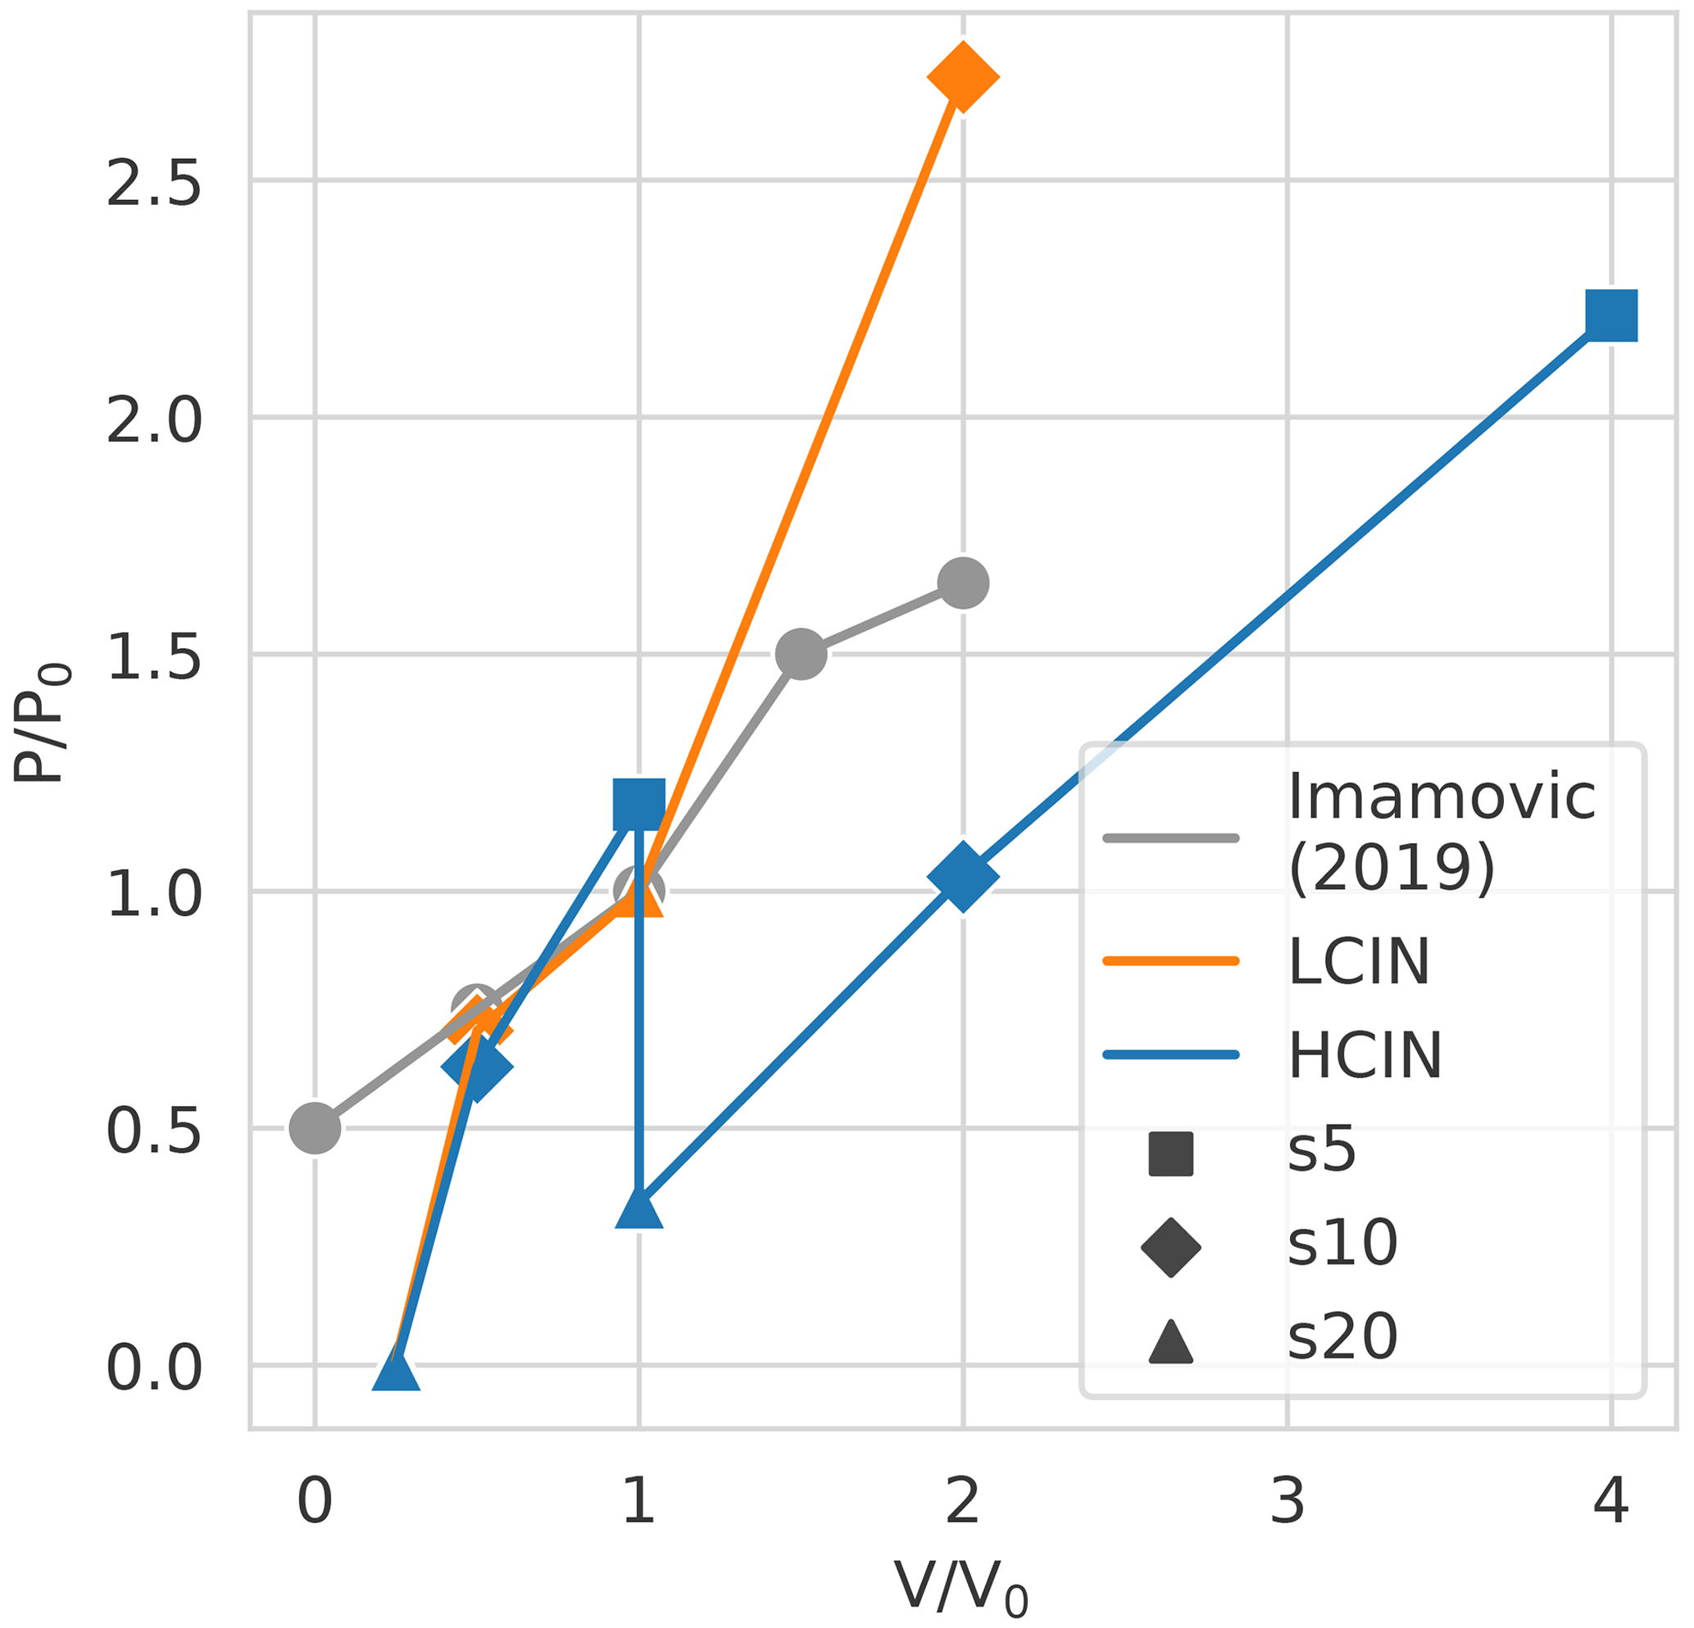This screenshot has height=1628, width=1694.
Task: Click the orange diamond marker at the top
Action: click(963, 77)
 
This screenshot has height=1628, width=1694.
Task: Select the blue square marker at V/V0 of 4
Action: click(1611, 315)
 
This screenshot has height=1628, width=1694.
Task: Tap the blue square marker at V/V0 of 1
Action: click(638, 803)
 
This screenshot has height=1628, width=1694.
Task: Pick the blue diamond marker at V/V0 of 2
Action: click(963, 876)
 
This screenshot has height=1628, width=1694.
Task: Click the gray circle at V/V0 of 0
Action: click(315, 1127)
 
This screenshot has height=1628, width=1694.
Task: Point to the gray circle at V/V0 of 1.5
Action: click(802, 654)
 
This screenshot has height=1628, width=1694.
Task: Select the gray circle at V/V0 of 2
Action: click(963, 583)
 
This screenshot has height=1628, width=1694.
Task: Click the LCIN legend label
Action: click(1359, 961)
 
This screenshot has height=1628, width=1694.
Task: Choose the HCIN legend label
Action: click(1365, 1055)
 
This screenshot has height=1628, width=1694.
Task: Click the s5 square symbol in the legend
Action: click(1170, 1154)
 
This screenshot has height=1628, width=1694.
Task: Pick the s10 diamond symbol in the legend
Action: click(1170, 1247)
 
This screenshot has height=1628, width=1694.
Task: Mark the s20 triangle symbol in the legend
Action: click(1170, 1343)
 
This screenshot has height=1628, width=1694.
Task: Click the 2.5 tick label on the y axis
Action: click(154, 184)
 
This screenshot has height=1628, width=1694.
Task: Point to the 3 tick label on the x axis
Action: click(1287, 1501)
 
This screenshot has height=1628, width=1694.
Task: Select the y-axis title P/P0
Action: click(42, 724)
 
